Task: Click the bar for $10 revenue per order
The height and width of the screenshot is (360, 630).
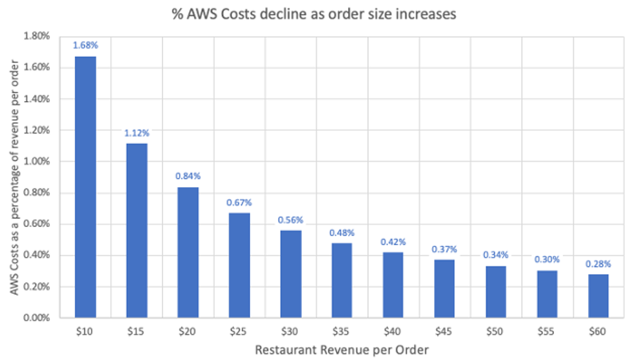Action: (x=86, y=187)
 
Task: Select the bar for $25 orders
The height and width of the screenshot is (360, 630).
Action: (x=239, y=265)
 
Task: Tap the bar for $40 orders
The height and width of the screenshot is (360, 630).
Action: (x=393, y=285)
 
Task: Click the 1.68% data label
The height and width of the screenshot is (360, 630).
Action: (x=86, y=45)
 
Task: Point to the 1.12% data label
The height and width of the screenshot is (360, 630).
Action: (x=137, y=133)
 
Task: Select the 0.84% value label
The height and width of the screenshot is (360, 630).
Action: (x=188, y=176)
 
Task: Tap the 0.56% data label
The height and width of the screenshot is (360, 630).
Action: (x=290, y=219)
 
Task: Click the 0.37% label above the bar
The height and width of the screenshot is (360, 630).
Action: (x=444, y=249)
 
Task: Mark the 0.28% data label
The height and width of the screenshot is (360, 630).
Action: (x=598, y=264)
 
